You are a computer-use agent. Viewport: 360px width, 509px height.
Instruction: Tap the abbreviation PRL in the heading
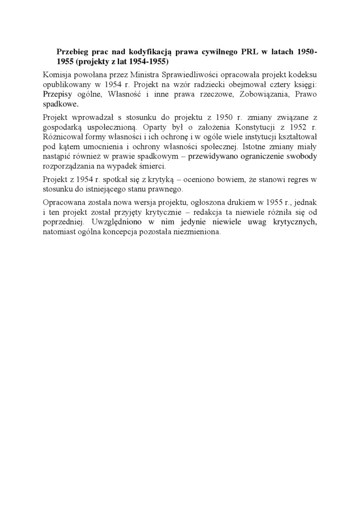coord(251,53)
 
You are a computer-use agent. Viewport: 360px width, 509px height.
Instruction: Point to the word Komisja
coord(56,75)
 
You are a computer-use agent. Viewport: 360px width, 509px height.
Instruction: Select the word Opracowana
coord(63,203)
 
